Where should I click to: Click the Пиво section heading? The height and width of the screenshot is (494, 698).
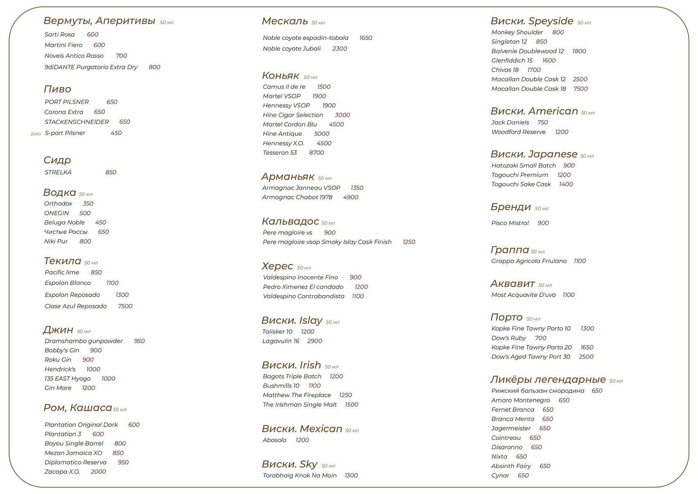tap(57, 89)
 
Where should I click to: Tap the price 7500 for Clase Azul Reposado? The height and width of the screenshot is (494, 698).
tap(125, 306)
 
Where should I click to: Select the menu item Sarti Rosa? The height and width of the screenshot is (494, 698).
tap(59, 35)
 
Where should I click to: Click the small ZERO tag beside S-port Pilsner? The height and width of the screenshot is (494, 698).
tap(36, 134)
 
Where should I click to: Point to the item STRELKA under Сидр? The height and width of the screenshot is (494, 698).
tap(58, 173)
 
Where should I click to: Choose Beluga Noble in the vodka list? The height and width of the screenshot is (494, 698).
tap(64, 223)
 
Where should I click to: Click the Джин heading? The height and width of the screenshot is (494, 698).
tap(58, 330)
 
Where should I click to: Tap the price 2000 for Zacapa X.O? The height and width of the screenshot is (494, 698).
tap(98, 472)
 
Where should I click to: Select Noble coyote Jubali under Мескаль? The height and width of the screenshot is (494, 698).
tap(292, 49)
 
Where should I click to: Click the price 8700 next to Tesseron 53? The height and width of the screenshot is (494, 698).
tap(316, 153)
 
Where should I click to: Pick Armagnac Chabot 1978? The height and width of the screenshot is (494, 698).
tap(297, 197)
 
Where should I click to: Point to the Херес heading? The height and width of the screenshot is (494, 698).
tap(277, 266)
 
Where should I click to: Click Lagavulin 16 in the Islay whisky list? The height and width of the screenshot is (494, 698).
tap(281, 341)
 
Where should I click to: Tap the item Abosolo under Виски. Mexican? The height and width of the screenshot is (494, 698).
tap(275, 440)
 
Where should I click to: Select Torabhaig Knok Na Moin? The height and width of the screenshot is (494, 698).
tap(300, 476)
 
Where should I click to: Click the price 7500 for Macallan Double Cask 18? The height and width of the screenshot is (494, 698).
tap(581, 89)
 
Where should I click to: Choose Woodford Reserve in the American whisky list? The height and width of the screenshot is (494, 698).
tap(518, 132)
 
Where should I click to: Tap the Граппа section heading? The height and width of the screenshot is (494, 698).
tap(510, 250)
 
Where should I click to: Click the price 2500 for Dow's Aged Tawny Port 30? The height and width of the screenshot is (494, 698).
tap(586, 357)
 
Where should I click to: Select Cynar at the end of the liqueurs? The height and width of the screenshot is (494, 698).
tap(500, 476)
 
